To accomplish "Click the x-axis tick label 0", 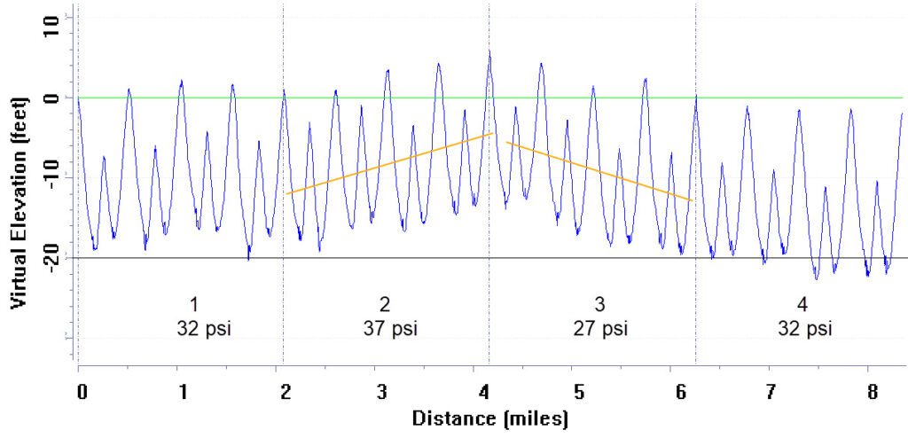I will (82, 391).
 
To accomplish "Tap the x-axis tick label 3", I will (380, 391).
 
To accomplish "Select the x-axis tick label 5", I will (578, 391).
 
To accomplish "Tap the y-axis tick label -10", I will (51, 177).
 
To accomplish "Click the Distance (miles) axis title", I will (489, 417).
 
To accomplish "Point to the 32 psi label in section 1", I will (202, 329).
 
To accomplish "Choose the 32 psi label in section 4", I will (803, 329).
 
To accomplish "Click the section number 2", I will (385, 305).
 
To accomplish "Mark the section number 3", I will (599, 305).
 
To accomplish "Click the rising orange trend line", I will (390, 163).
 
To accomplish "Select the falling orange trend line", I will (599, 171).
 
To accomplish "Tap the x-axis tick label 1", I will (183, 391).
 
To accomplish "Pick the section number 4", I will (802, 305).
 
